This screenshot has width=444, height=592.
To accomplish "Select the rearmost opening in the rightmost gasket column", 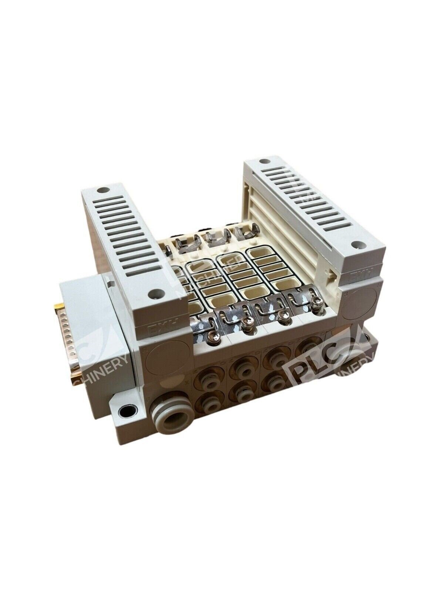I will click(260, 255).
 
